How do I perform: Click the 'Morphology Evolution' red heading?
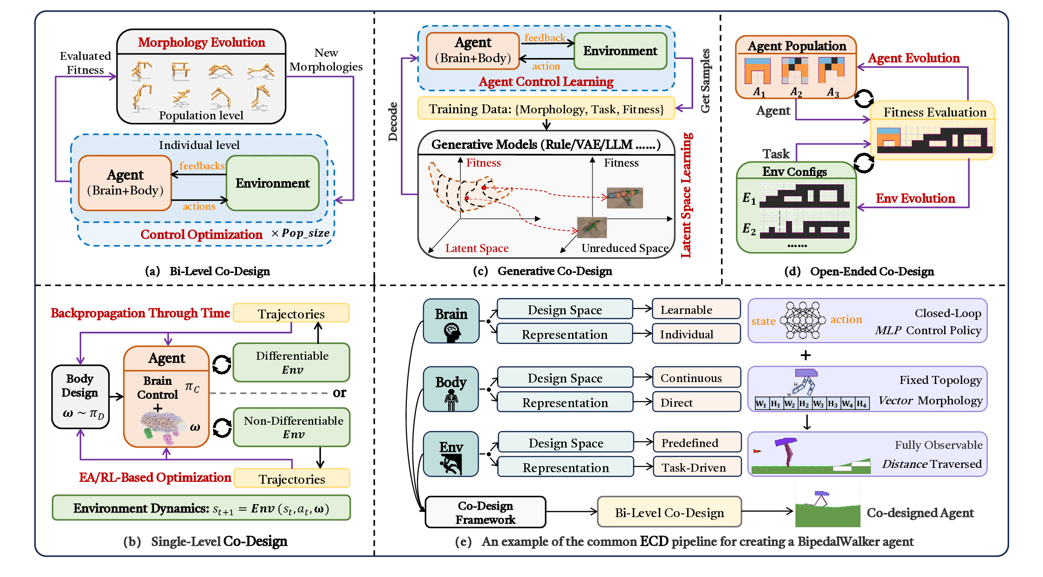(x=201, y=42)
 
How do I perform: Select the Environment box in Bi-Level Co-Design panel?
(x=272, y=183)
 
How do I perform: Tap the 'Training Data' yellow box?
(x=546, y=109)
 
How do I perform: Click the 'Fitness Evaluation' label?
(x=935, y=112)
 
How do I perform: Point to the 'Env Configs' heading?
(x=794, y=172)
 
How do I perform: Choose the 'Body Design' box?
(x=80, y=396)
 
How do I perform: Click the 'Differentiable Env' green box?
(x=292, y=363)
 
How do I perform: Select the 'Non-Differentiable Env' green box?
(x=293, y=427)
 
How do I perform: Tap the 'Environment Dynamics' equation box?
(x=201, y=508)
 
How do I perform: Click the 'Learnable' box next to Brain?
(x=696, y=310)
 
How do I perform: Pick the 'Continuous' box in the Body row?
(x=696, y=378)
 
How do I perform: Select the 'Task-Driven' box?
(x=697, y=467)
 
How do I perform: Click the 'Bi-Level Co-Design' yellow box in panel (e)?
(x=669, y=512)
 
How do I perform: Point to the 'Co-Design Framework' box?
(x=485, y=512)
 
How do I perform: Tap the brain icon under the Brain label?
(x=451, y=332)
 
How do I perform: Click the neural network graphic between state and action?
(x=803, y=320)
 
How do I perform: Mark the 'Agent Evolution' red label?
(x=914, y=58)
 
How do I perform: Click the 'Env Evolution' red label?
(x=915, y=198)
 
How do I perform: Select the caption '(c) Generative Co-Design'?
(x=542, y=271)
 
